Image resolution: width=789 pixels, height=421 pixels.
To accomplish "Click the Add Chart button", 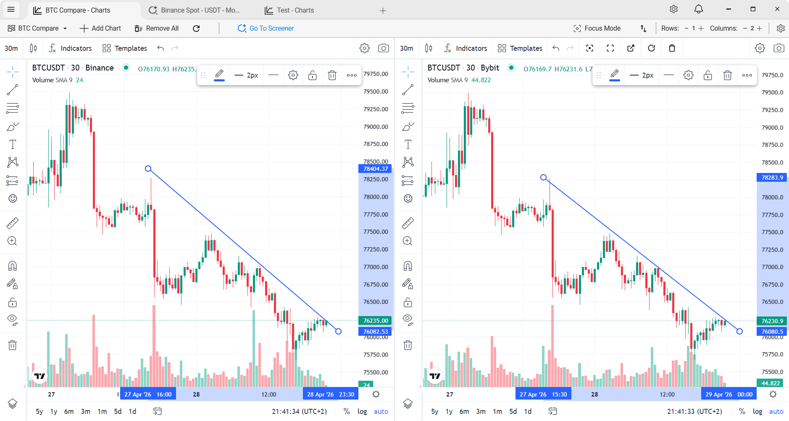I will point(100,28).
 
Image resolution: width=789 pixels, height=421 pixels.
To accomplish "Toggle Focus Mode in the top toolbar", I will point(597,28).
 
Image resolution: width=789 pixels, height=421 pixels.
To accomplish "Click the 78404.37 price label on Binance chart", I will point(375,169).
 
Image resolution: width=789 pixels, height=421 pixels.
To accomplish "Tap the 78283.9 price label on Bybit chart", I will point(772,178).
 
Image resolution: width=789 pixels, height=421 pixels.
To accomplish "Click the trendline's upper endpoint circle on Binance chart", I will point(148,169).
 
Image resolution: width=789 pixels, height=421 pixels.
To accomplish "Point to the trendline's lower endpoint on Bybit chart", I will point(739,332).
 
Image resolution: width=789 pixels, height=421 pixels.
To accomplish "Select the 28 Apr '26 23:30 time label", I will point(330,394).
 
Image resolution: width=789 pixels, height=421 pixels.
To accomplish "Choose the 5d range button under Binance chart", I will point(118,411).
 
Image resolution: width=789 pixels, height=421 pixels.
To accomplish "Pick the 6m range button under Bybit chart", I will point(464,411).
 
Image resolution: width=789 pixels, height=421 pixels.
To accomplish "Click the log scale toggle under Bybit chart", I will point(757,411).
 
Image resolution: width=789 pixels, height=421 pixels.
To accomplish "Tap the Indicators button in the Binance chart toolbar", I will point(70,48).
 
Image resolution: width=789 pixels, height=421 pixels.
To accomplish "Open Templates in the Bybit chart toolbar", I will point(520,48).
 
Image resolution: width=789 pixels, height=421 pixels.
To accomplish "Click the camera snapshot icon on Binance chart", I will point(384,48).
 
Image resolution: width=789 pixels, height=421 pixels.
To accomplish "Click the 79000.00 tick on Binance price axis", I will point(376,127).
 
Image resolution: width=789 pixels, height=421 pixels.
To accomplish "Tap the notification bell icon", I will point(699,9).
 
